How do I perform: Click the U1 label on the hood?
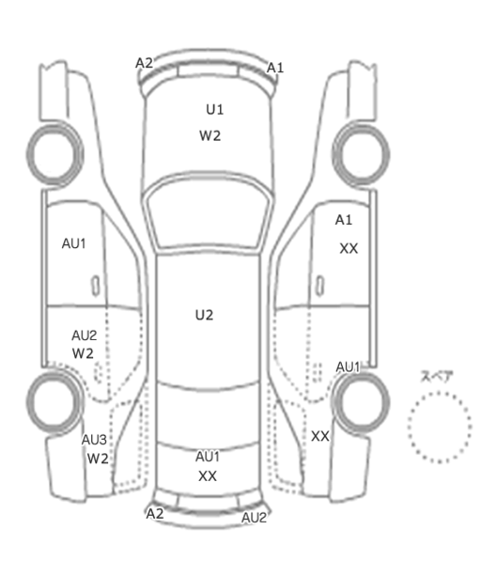[x=214, y=110]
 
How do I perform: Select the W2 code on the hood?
[x=209, y=136]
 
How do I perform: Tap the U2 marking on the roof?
[x=204, y=315]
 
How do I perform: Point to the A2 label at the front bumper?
[x=144, y=63]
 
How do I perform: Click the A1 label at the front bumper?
[x=275, y=68]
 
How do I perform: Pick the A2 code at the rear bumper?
[x=155, y=514]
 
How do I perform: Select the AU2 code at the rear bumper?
[x=254, y=518]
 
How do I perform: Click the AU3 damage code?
[x=94, y=440]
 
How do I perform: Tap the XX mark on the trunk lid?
[x=208, y=476]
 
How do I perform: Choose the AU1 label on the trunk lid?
[x=208, y=457]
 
